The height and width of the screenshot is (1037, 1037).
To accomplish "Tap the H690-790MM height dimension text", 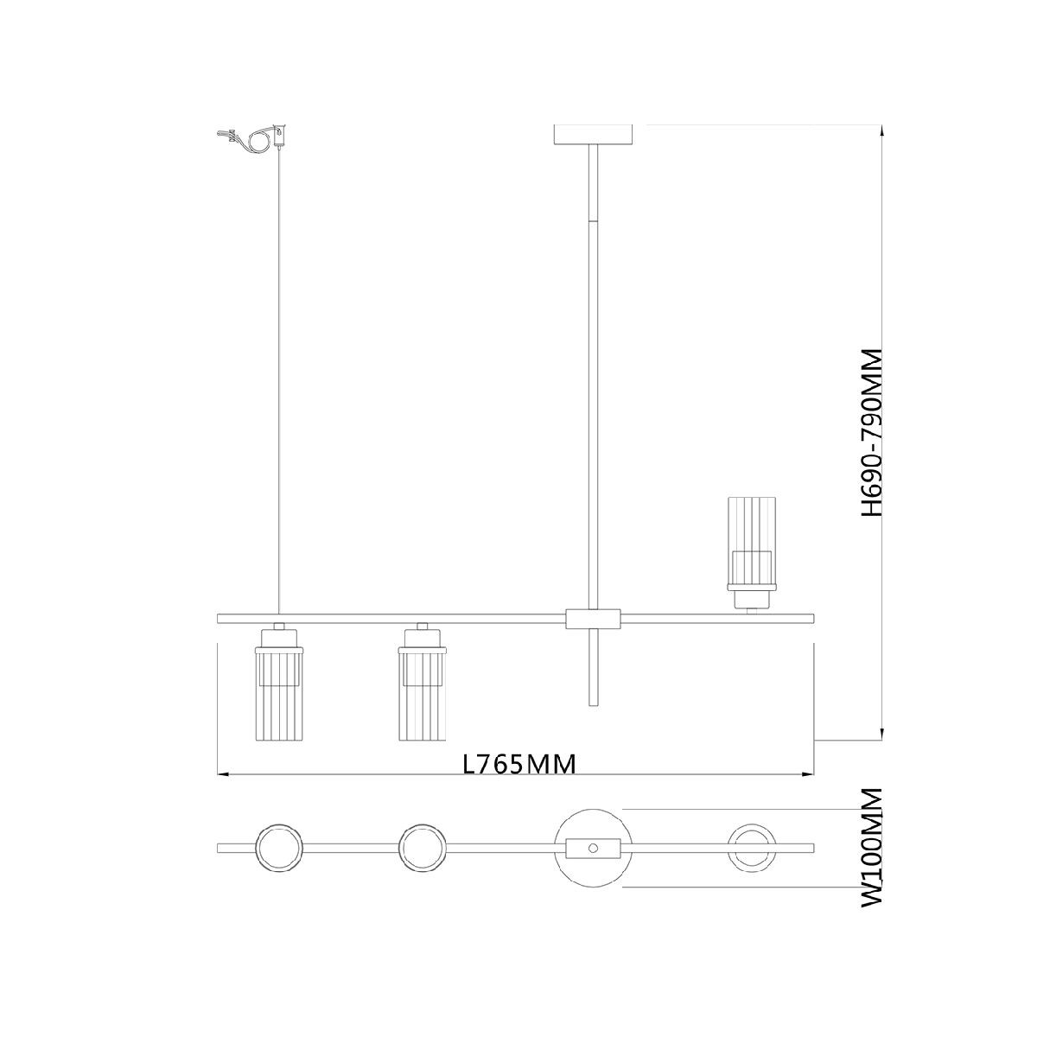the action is click(871, 433).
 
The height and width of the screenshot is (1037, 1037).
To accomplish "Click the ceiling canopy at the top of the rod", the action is click(593, 135).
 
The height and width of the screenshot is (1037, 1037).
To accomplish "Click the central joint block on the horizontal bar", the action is click(593, 619).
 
